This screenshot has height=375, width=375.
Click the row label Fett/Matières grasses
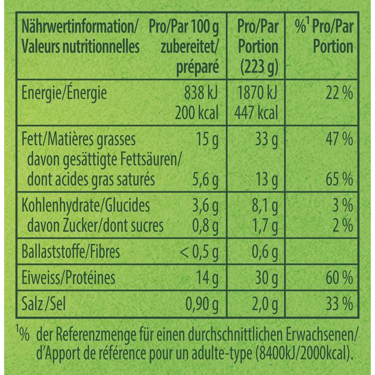[x=78, y=139]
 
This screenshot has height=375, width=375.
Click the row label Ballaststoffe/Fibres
[x=71, y=252]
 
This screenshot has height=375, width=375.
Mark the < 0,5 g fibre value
[x=198, y=252]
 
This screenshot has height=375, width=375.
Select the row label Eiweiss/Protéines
[x=68, y=277]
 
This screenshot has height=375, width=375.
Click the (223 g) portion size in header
[x=257, y=66]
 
